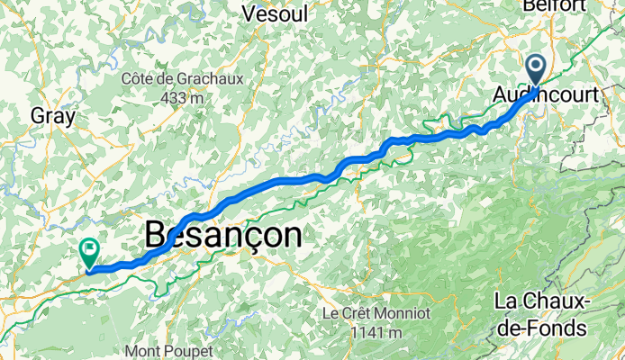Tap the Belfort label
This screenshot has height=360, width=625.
[x=559, y=4]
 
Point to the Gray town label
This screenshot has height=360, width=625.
[x=51, y=115]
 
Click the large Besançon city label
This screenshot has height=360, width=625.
[x=222, y=236]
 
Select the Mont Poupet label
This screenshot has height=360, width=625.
[x=169, y=351]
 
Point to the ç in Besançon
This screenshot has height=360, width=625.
[x=249, y=238]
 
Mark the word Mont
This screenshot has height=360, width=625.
[x=144, y=351]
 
